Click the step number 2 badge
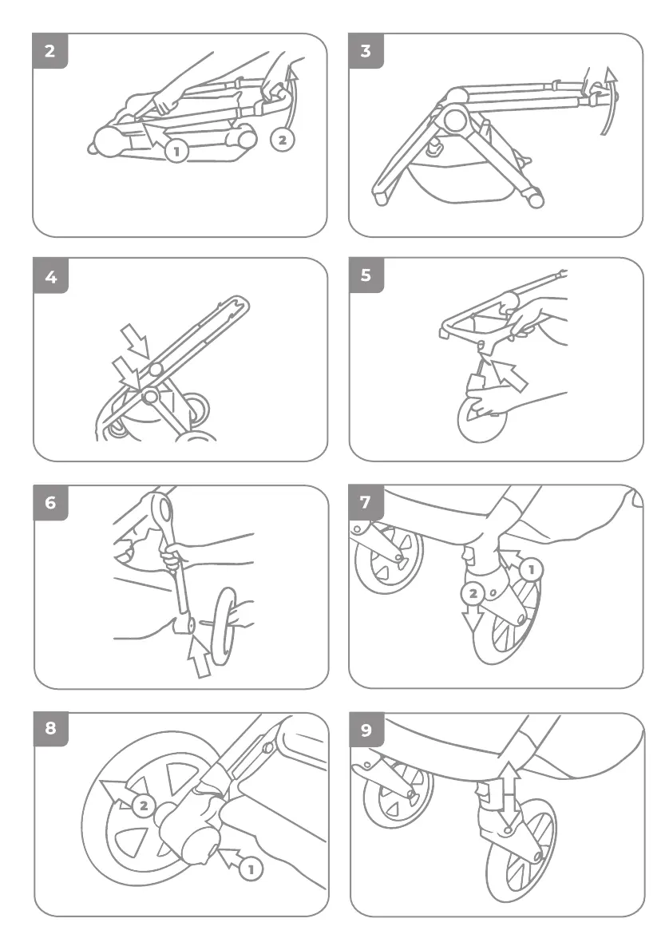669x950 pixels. (49, 51)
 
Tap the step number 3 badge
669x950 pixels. (366, 51)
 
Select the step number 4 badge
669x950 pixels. (50, 276)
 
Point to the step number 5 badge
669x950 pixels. (366, 275)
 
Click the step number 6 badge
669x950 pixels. (51, 503)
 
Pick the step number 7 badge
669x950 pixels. (366, 502)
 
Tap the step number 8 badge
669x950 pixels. (51, 729)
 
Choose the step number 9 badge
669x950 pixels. (366, 730)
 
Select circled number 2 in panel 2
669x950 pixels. (282, 140)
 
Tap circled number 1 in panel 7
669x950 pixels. (532, 569)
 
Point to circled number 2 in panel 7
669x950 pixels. (473, 594)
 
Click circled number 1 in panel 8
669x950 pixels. (250, 869)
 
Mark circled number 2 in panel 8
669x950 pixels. (144, 806)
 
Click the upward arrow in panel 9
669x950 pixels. (510, 788)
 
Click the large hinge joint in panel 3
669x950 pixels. (454, 119)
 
